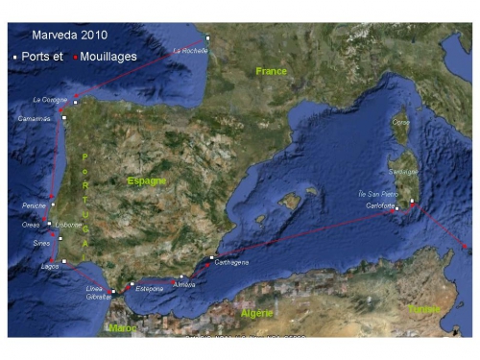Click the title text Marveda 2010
[69, 35]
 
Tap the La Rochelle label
[189, 51]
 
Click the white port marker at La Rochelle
[207, 38]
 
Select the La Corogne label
[49, 99]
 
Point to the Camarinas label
[34, 118]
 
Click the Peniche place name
[34, 205]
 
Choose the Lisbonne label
[69, 224]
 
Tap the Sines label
[40, 243]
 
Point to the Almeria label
[184, 285]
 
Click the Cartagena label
[233, 262]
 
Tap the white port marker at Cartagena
[211, 257]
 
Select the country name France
[272, 71]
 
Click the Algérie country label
[255, 313]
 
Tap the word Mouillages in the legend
[108, 57]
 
